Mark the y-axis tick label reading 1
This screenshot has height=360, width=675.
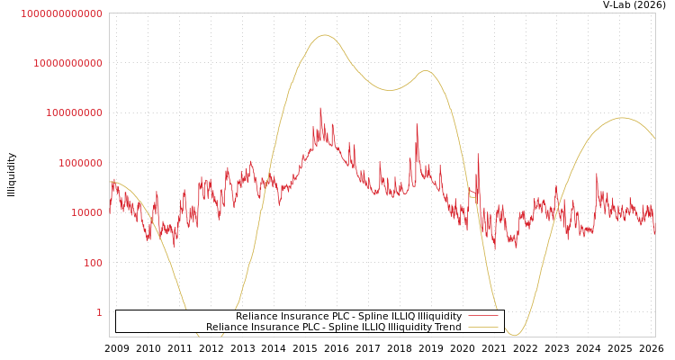99,312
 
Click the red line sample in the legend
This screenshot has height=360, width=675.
483,316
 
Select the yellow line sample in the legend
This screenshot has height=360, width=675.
483,327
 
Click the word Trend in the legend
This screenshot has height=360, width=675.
447,328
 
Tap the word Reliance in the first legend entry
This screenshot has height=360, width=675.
256,317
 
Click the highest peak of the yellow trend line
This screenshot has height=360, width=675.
324,35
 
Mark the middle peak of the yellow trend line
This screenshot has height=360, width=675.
425,70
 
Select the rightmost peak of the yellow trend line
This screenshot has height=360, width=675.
622,118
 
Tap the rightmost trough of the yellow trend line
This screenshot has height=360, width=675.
514,336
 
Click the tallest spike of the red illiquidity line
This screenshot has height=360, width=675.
320,108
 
